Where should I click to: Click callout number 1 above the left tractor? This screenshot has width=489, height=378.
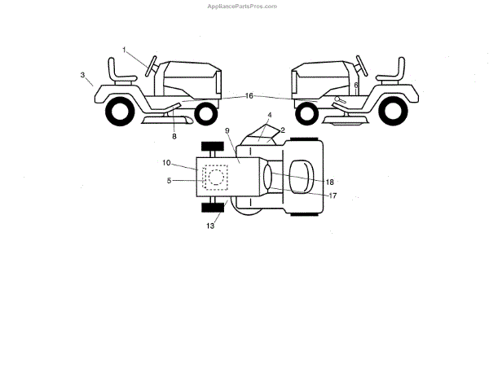126,51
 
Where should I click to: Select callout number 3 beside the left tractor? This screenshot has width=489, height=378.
83,75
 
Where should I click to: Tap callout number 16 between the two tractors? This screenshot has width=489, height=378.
249,95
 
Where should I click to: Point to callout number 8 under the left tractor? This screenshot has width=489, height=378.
174,136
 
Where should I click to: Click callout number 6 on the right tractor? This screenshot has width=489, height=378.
356,85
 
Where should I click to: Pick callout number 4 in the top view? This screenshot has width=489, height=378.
269,115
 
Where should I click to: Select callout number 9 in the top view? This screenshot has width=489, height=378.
228,130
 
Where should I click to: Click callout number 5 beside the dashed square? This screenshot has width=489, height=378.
169,180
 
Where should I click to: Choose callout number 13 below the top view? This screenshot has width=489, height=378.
210,226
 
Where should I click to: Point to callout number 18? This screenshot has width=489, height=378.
330,181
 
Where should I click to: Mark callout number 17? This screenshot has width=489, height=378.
333,196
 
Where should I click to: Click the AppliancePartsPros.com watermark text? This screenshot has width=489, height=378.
244,5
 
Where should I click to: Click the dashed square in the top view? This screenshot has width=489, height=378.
216,177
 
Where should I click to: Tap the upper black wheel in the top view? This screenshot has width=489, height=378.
213,147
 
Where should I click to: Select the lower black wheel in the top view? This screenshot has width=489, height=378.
214,209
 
